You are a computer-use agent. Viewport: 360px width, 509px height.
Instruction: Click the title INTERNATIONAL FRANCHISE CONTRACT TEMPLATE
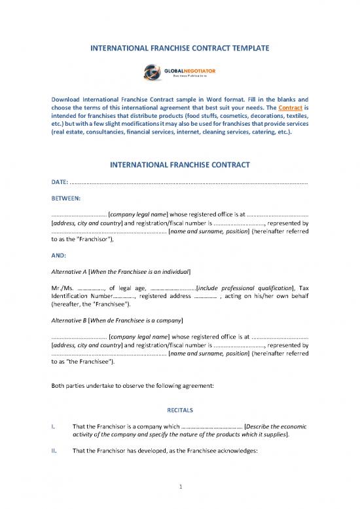coord(179,48)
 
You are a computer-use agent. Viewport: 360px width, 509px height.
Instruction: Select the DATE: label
coord(60,181)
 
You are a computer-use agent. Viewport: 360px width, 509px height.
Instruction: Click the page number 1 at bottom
coord(180,486)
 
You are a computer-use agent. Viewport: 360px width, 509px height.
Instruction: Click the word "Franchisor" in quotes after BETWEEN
coord(77,240)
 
